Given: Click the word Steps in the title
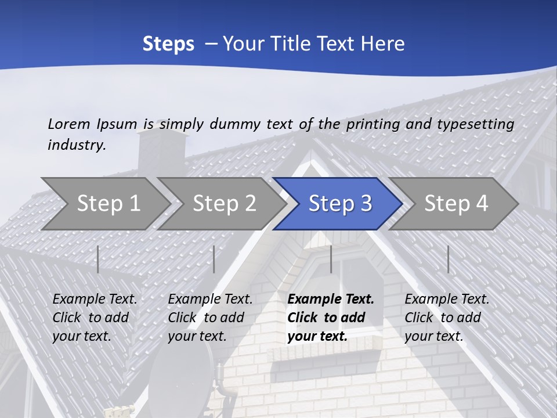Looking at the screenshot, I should coord(168,44).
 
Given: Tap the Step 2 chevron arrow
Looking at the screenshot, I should coord(224,203).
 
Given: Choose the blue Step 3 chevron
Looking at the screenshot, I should coord(340,203).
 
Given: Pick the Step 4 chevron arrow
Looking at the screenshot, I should coord(456,203).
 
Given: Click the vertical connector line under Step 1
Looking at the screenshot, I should coord(98,259).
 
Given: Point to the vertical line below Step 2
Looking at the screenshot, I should coord(214,259).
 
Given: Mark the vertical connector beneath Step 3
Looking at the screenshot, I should coord(331,259).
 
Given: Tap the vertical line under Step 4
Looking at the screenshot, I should coord(448,259).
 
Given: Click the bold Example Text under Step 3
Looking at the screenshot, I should coord(331,300).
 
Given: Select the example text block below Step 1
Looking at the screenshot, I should coord(95,318).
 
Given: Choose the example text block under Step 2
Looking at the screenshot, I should coord(210,318).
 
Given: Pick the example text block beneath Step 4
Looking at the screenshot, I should coord(447,318).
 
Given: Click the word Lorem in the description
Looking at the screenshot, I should coord(69,124).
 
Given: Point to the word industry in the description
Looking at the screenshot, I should coord(76,145).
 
